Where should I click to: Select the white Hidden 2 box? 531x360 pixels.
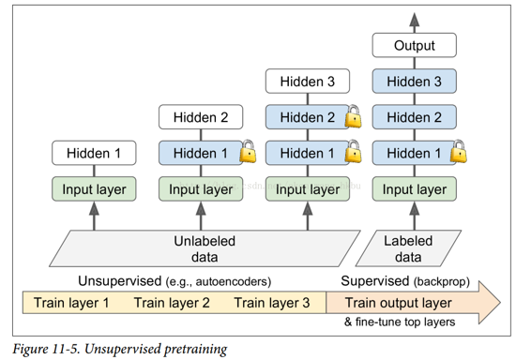coord(199,117)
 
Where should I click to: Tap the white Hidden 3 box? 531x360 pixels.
coord(306,82)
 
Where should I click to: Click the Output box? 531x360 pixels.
coord(415,45)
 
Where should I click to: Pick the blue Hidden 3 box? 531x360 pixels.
coord(415,82)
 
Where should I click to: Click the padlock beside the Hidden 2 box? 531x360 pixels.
coord(354,117)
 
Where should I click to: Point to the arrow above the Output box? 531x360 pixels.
coord(415,17)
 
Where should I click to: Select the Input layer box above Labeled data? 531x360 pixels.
coord(415,188)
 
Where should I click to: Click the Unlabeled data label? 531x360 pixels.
coord(200,249)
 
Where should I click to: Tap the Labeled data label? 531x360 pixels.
coord(408,249)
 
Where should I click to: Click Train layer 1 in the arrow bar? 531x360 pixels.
coord(71,303)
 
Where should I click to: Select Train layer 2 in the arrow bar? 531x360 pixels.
coord(172,303)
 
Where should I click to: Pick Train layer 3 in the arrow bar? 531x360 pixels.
coord(272,303)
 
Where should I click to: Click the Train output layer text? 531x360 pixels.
coord(398,303)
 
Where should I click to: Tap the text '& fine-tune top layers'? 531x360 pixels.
coord(400,322)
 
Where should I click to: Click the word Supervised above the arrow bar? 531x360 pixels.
coord(372,282)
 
